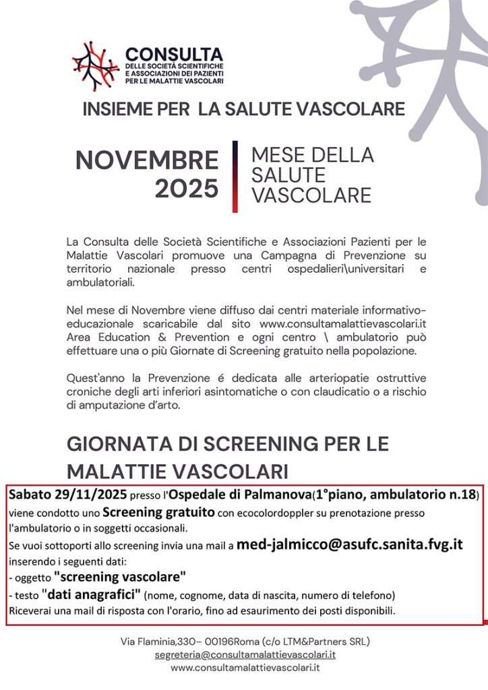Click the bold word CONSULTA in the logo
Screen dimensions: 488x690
(173, 53)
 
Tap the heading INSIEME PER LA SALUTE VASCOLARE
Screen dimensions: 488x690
(243, 109)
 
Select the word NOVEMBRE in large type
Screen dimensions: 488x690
(147, 160)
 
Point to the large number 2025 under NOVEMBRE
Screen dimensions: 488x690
(187, 189)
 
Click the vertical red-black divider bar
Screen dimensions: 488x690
(235, 176)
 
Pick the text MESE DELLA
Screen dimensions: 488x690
(312, 155)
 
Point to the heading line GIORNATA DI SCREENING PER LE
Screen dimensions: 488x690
(227, 445)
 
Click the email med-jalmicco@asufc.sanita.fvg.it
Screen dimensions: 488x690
(349, 544)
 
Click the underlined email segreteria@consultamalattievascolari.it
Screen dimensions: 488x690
(244, 654)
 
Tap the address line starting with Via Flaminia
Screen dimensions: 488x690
(244, 641)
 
